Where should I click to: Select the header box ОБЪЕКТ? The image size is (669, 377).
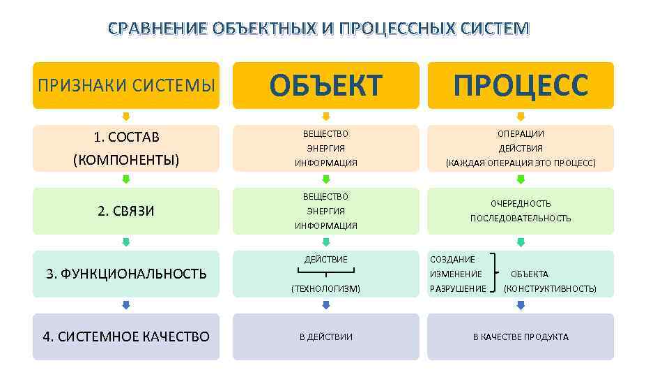tap(325, 85)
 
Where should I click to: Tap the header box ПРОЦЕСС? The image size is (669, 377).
tap(521, 85)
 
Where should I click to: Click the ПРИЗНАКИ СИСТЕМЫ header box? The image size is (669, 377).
tap(126, 85)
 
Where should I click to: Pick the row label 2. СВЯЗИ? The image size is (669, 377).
tap(126, 211)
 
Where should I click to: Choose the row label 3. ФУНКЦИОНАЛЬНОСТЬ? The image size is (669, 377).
tap(126, 274)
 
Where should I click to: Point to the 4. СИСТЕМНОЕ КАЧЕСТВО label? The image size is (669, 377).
tap(126, 337)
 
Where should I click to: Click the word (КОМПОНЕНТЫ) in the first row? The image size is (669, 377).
tap(126, 160)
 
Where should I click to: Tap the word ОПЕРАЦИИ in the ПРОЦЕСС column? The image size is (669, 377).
tap(521, 133)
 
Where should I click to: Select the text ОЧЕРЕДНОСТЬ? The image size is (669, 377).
tap(521, 204)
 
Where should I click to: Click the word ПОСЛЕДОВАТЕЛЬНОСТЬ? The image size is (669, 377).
tap(521, 218)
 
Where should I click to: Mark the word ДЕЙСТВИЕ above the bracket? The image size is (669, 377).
tap(325, 260)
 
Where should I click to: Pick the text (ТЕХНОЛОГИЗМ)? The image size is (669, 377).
tap(325, 288)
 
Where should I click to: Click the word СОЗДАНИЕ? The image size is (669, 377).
tap(453, 260)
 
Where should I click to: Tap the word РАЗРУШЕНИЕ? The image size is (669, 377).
tap(458, 288)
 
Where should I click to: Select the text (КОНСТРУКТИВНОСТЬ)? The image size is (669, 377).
tap(550, 288)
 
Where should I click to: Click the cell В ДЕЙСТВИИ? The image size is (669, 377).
tap(325, 337)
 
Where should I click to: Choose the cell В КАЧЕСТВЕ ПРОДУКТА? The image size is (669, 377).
tap(521, 337)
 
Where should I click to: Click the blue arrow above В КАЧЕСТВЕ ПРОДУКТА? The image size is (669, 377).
tap(521, 305)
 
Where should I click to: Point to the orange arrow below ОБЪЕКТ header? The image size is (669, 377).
tap(325, 117)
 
